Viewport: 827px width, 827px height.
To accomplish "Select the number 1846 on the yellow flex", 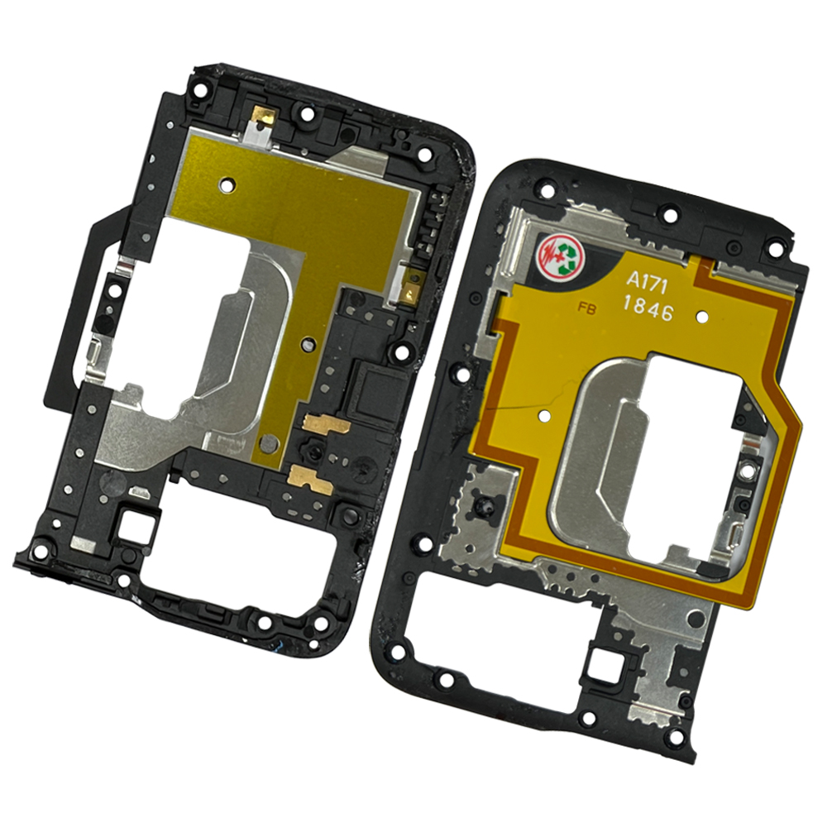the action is [648, 309].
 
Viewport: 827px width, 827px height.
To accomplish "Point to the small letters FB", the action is [586, 309].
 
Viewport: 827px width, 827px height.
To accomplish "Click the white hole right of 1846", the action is [702, 316].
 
